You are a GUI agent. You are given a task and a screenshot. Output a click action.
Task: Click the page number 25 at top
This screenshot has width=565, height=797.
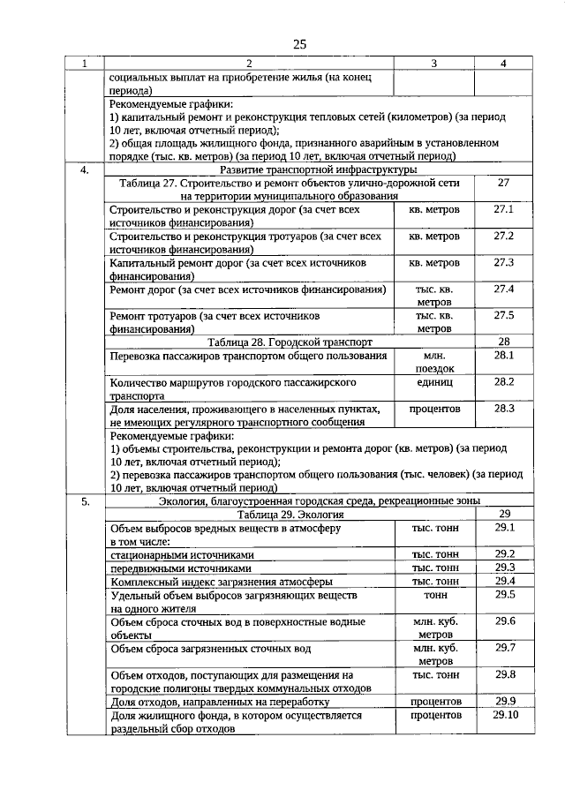299,45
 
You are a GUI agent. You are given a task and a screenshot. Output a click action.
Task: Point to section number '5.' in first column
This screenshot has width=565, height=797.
85,501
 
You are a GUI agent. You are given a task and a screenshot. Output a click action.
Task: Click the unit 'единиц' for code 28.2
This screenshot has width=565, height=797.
434,382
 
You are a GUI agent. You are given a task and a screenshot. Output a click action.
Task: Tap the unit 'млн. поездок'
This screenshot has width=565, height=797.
434,362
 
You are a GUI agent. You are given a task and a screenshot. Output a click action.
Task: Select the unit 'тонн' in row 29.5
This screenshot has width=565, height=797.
434,596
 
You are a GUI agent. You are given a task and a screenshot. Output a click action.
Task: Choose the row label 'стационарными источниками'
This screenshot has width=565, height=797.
182,555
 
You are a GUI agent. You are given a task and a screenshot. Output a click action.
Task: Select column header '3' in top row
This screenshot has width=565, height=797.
434,64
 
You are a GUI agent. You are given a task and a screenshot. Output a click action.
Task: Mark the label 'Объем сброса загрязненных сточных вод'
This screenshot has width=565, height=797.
210,649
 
